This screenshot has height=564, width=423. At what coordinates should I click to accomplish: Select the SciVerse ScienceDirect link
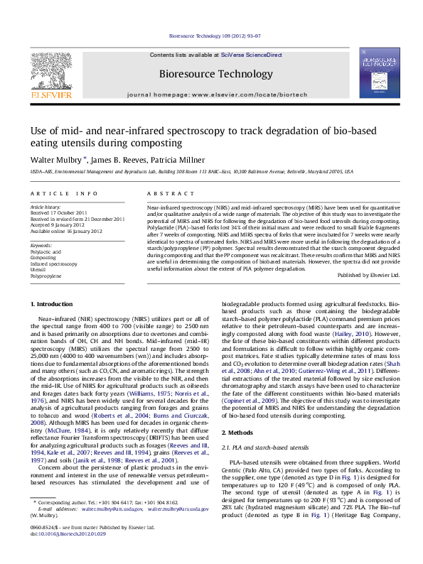(x=251, y=55)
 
